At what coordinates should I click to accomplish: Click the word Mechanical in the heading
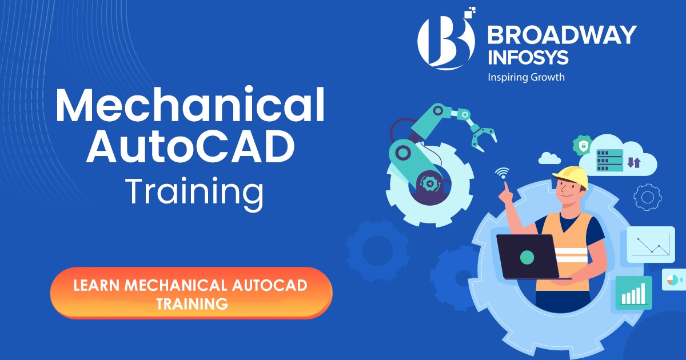[x=190, y=107]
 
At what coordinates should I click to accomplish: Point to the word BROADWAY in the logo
[x=561, y=35]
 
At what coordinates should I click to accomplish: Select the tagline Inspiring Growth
[x=525, y=77]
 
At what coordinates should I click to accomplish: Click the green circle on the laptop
[x=527, y=257]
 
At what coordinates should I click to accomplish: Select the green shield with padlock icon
[x=583, y=145]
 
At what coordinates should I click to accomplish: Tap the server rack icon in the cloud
[x=609, y=160]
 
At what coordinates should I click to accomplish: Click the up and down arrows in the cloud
[x=633, y=162]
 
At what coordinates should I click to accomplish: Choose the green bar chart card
[x=633, y=293]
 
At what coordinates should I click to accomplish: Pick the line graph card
[x=650, y=245]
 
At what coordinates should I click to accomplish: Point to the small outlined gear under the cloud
[x=648, y=197]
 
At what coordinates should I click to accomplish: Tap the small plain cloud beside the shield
[x=549, y=158]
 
